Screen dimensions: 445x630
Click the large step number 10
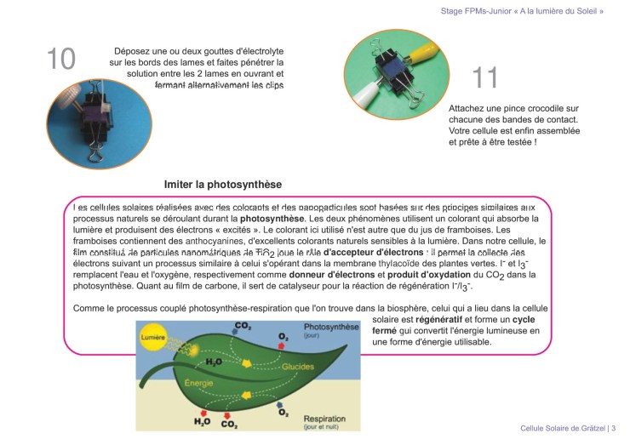(61, 59)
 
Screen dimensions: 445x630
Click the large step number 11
(485, 77)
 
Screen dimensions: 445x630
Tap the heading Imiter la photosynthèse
(222, 184)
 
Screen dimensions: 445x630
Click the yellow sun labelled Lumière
(153, 338)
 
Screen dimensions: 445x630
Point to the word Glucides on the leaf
(298, 367)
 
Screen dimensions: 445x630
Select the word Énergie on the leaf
(198, 383)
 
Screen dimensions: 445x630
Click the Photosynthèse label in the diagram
(331, 327)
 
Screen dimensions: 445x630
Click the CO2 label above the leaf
(243, 326)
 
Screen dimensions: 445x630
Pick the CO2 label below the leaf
(230, 422)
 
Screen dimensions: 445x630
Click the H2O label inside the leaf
(214, 361)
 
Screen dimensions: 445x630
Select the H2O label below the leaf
(203, 421)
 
